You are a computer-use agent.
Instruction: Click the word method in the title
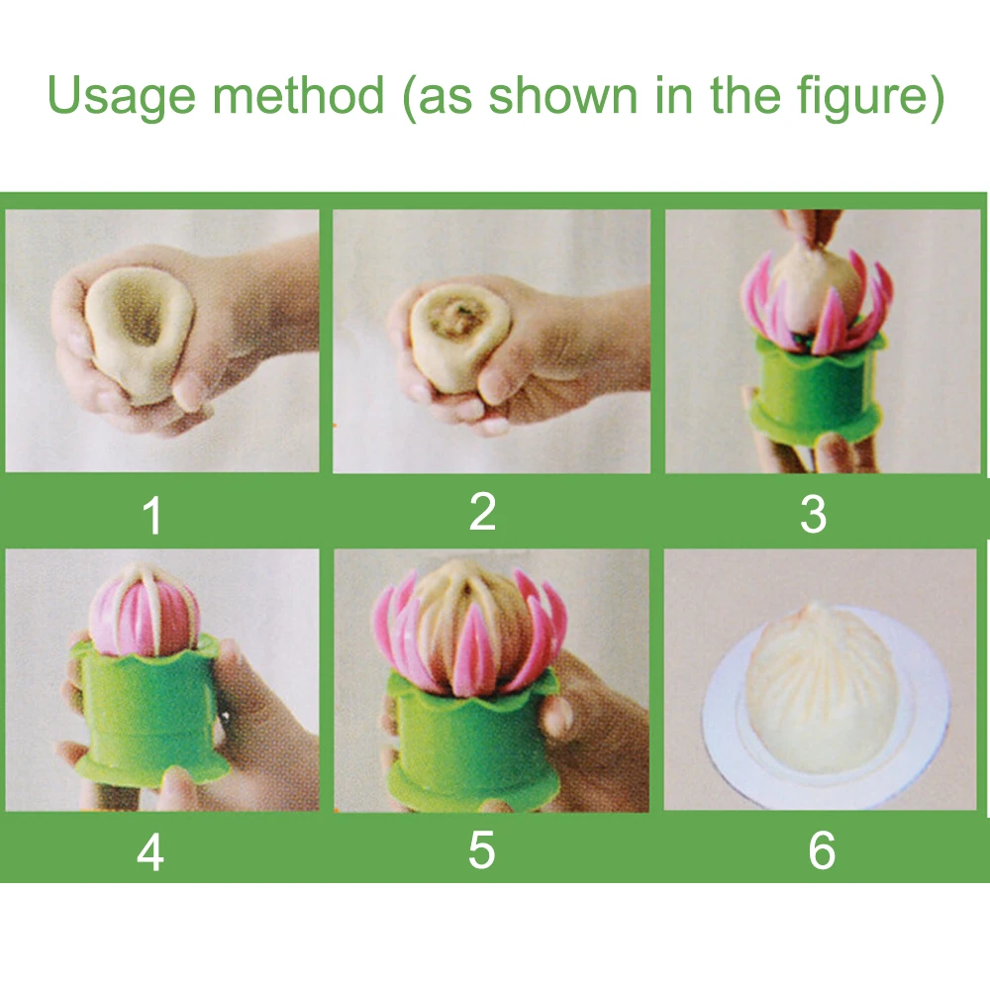coord(298,95)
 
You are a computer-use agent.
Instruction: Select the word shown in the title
coord(563,95)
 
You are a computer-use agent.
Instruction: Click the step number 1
coord(152,515)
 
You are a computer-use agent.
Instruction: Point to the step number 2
coord(483,511)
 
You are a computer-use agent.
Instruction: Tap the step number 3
coord(813,515)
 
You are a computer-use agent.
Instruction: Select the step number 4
coord(150,852)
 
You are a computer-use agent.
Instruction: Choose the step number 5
coord(481,849)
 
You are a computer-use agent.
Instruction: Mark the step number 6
coord(822,850)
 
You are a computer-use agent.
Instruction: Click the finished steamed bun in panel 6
coord(821,688)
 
